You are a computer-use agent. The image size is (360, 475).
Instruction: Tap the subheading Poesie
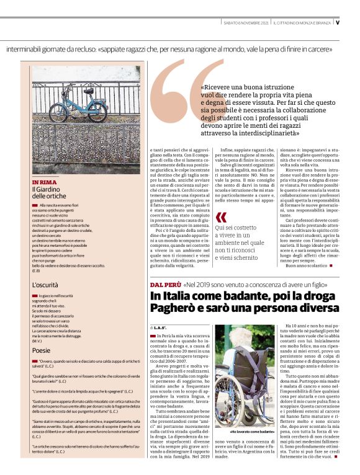(x=42, y=350)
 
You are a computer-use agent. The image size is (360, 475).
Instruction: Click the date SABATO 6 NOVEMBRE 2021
(x=246, y=23)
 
